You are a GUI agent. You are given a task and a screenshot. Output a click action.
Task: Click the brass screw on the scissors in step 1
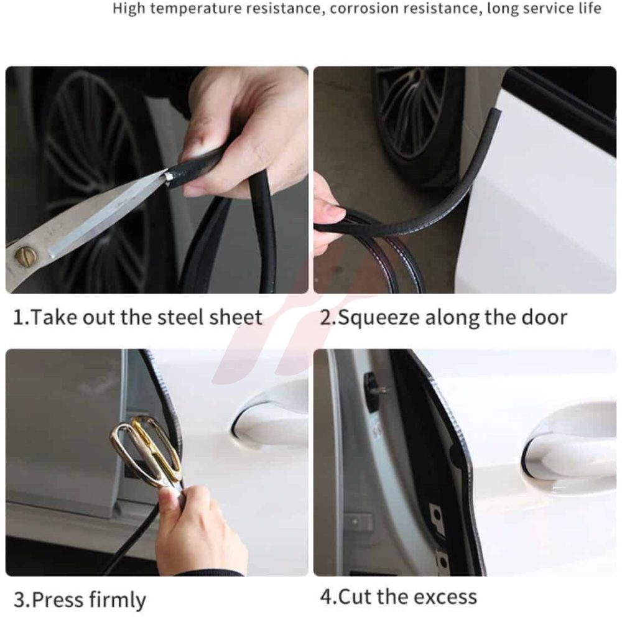coord(26,256)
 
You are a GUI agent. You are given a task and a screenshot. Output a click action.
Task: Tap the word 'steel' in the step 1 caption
coord(180,317)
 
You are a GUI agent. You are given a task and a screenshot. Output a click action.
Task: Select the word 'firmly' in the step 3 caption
coord(118,600)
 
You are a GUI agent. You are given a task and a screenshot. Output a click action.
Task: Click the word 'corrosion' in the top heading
coord(364,8)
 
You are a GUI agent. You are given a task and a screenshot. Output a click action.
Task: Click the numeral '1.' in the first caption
coord(21,318)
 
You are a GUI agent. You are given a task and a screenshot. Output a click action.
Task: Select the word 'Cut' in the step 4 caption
coord(355,597)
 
